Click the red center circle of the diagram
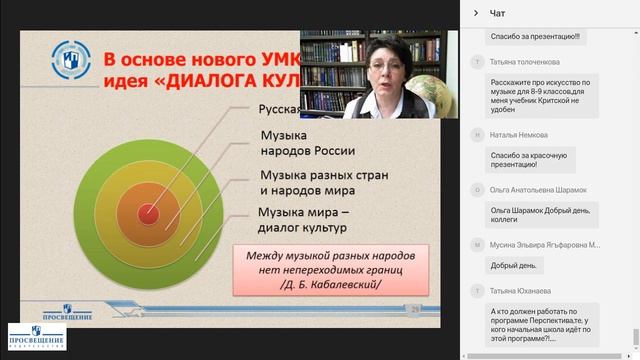click(x=147, y=212)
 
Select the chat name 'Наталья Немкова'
click(x=518, y=133)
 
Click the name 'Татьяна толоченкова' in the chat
click(x=526, y=62)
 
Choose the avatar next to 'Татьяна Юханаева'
click(x=476, y=290)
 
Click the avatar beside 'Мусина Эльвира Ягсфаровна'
click(x=476, y=244)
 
